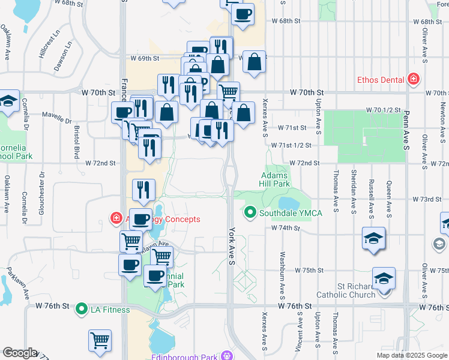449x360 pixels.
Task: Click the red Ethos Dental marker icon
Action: click(x=412, y=79)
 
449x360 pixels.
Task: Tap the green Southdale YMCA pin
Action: click(x=250, y=212)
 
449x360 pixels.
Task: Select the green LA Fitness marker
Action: click(x=82, y=310)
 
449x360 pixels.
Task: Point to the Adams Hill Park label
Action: click(x=275, y=179)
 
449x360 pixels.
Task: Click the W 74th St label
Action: click(x=285, y=228)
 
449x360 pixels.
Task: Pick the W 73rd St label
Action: click(x=427, y=199)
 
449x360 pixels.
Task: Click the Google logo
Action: click(x=20, y=353)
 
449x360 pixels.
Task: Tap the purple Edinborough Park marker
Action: click(x=227, y=354)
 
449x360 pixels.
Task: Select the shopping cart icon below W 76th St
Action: click(x=100, y=340)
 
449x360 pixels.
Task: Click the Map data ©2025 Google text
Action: click(x=412, y=355)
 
